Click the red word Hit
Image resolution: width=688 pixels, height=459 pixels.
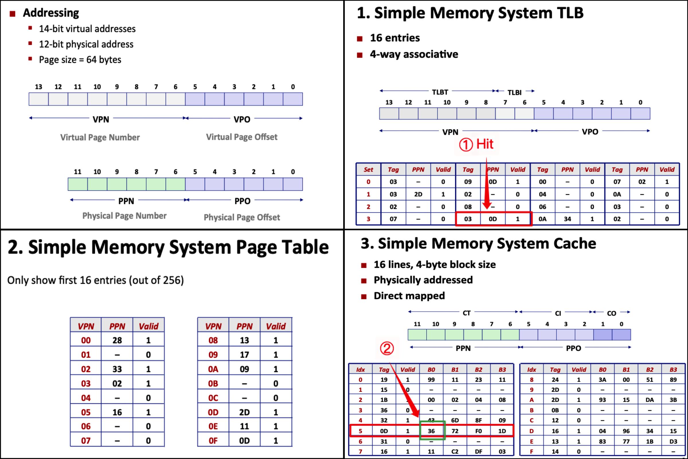(485, 144)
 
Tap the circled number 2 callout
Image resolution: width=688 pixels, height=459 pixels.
(387, 348)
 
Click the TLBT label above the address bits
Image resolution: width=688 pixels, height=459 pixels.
(440, 92)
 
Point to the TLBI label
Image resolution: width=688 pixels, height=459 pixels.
(514, 92)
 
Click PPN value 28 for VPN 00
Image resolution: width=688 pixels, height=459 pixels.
(117, 340)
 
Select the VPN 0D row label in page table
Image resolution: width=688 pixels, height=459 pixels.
(213, 412)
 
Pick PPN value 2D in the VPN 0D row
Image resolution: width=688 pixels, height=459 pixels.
(244, 412)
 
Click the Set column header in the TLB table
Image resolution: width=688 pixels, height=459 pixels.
(368, 170)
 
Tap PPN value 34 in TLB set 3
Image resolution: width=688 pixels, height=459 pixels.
(567, 219)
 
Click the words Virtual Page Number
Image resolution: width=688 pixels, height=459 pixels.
(100, 137)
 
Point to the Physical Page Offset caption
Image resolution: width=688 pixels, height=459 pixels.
(242, 217)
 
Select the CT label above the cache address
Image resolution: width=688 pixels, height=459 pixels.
(467, 313)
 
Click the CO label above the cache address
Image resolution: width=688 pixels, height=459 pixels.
(611, 313)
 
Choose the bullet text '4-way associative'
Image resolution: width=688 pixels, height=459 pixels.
(414, 54)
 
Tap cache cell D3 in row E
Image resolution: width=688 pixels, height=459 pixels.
(673, 441)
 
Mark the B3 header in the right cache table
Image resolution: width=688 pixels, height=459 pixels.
(673, 369)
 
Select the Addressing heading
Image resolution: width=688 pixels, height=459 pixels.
(51, 13)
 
